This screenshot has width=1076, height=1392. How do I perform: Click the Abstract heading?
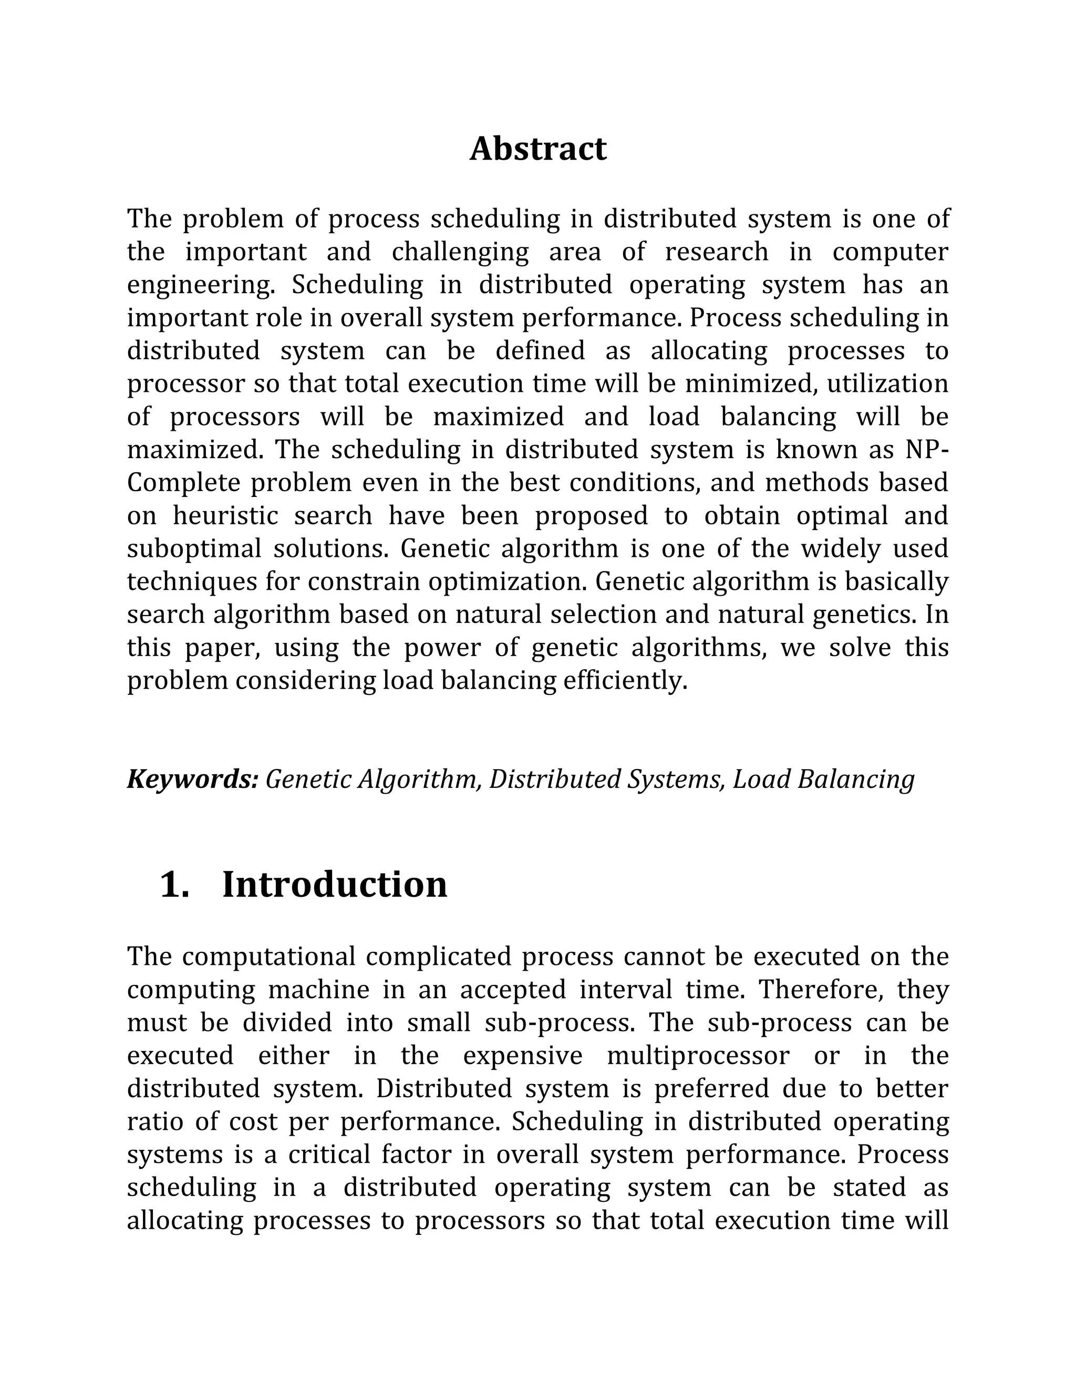[538, 149]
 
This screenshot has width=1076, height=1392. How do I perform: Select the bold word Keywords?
[192, 780]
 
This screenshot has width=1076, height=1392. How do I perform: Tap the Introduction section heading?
[334, 885]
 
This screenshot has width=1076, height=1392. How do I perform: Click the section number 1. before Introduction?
[174, 885]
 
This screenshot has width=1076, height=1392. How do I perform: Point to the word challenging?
[460, 252]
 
